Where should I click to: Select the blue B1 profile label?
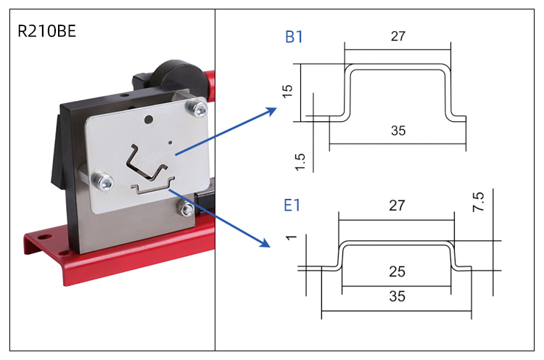294,38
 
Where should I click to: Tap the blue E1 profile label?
292,206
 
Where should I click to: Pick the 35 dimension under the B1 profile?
397,131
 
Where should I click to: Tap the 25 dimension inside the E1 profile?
396,272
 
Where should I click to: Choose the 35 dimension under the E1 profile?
396,297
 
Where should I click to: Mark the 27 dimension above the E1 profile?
396,206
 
